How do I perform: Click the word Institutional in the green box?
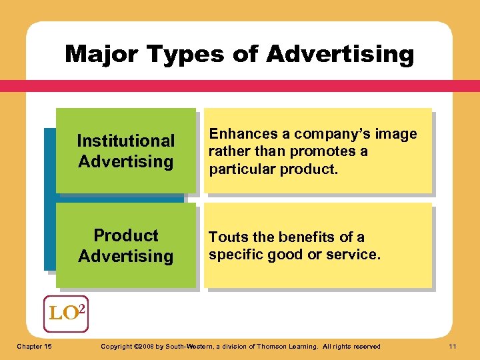point(125,141)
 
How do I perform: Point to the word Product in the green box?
point(125,235)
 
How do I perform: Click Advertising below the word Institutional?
point(125,161)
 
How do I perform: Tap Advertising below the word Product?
point(125,256)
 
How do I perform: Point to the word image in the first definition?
point(397,134)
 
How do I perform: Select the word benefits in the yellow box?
point(305,237)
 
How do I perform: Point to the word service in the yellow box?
point(357,254)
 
